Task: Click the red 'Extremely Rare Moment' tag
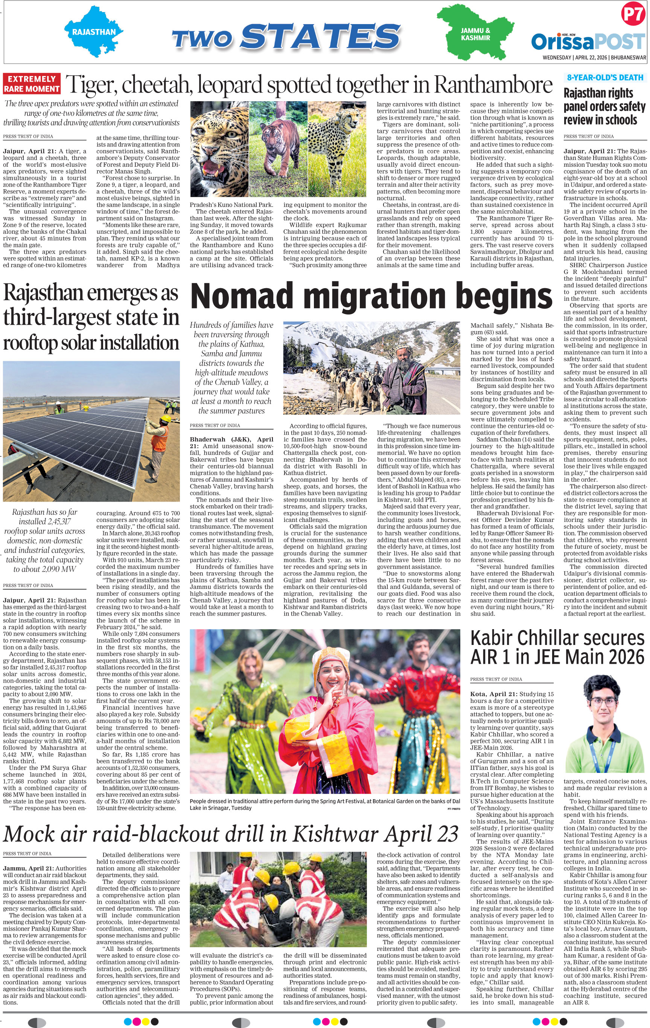pos(32,84)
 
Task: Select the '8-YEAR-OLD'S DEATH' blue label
pos(605,78)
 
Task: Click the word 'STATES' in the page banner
pos(320,36)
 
